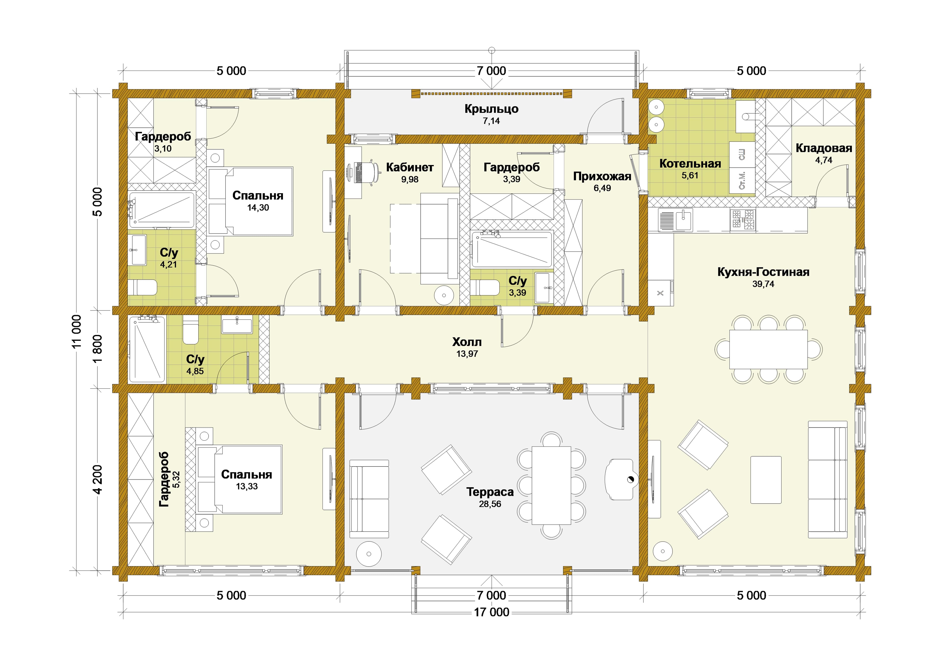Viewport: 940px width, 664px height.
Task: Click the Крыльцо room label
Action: coord(491,109)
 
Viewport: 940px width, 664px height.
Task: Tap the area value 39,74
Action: coord(763,284)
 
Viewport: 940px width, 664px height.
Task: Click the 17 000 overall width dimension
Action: coord(492,612)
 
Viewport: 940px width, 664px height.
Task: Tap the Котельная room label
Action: coord(690,164)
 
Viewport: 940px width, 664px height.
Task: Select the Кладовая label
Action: coord(824,148)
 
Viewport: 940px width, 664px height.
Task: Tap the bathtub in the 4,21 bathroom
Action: coord(162,209)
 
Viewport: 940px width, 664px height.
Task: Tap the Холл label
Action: coord(467,342)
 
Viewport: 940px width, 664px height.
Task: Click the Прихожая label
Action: coord(602,177)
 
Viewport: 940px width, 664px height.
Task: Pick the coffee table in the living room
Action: coord(766,480)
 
